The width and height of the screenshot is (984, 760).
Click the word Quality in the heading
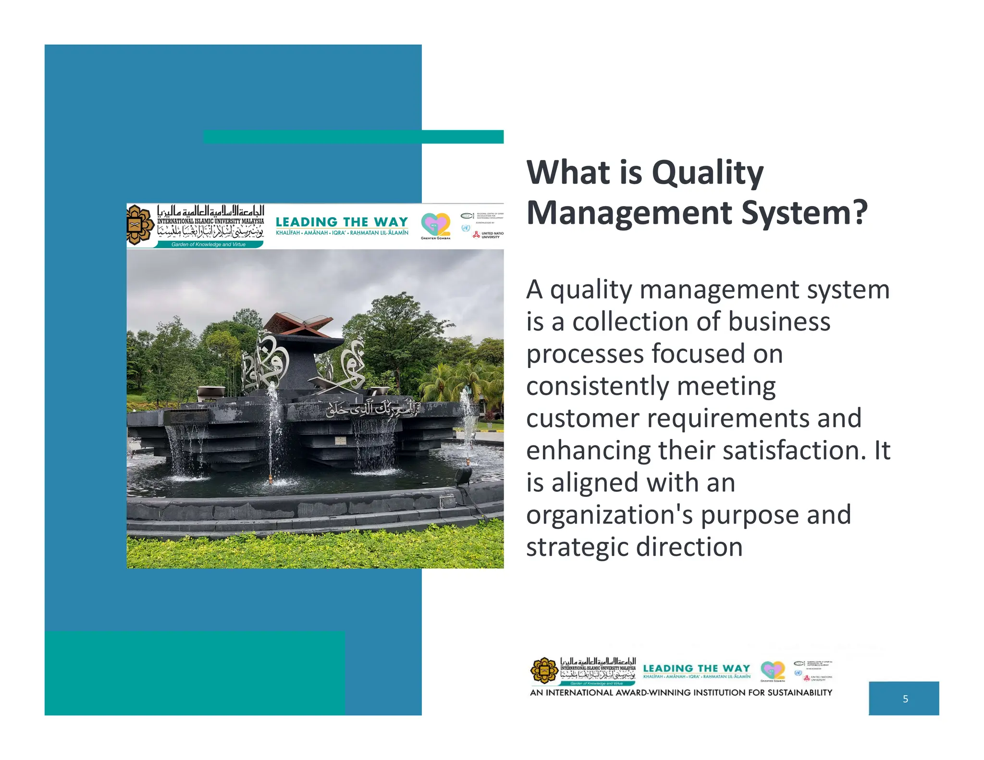[707, 173]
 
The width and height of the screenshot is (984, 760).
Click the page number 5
[905, 699]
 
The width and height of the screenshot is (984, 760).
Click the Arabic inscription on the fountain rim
[372, 408]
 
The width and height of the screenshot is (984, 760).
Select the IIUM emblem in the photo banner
[140, 225]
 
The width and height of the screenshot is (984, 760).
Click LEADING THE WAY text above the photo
[342, 222]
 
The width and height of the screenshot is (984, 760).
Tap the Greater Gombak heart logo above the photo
[435, 224]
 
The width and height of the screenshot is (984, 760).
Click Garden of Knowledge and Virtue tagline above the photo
[209, 245]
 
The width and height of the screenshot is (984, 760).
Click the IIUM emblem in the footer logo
[544, 671]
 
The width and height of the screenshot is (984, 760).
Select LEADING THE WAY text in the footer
[696, 668]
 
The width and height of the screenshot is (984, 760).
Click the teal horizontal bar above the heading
[353, 136]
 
